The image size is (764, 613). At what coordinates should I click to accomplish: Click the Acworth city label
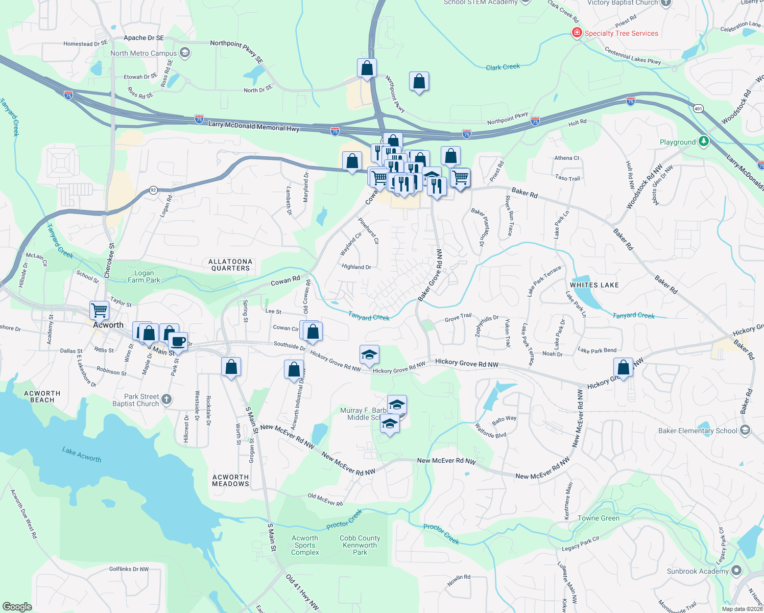108,325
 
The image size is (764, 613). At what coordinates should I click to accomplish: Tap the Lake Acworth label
82,454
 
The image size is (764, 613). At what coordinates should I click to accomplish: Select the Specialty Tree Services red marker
577,33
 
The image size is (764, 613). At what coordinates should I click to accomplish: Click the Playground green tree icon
703,142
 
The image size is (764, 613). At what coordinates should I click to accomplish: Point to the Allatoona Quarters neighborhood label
230,265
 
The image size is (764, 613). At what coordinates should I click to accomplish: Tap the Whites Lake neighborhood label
594,285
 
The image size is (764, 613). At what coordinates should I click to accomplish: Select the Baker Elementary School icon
745,430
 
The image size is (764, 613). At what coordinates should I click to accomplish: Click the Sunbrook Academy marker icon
736,571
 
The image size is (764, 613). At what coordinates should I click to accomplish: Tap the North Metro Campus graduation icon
185,53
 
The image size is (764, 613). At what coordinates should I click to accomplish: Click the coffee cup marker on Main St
178,341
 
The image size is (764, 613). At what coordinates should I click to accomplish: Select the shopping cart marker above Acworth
99,310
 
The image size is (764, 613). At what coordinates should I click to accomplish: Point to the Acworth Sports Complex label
305,545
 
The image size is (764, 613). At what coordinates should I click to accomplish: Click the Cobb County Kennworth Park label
360,545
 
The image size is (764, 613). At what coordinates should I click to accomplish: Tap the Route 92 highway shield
153,190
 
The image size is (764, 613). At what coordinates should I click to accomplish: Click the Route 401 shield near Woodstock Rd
698,108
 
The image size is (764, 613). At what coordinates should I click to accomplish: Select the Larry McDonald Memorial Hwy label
254,126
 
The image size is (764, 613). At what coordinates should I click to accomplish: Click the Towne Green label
599,518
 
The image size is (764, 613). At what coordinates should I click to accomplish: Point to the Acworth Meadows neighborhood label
230,480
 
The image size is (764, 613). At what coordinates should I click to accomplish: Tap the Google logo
17,606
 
